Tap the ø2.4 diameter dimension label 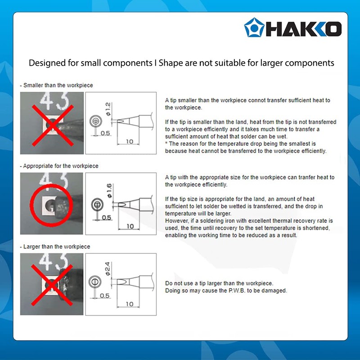pyautogui.click(x=108, y=269)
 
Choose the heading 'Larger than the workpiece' pyautogui.click(x=56, y=247)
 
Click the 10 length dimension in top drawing pyautogui.click(x=130, y=141)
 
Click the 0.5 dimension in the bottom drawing pyautogui.click(x=105, y=296)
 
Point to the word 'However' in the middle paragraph pyautogui.click(x=176, y=220)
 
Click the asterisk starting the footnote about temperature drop pyautogui.click(x=166, y=144)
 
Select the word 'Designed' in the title pyautogui.click(x=46, y=63)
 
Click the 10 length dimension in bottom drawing pyautogui.click(x=130, y=304)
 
